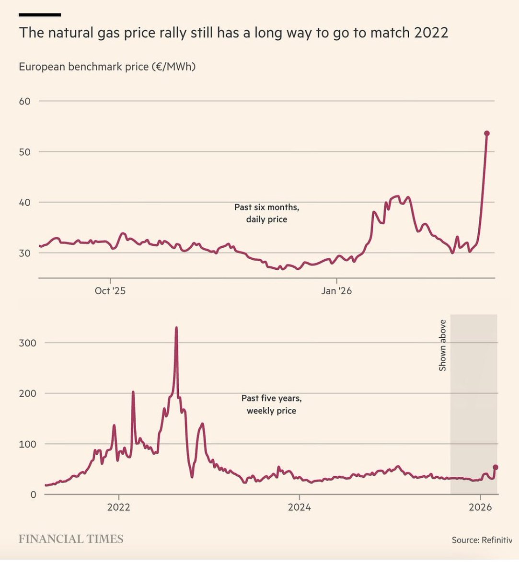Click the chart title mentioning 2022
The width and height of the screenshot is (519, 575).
click(233, 33)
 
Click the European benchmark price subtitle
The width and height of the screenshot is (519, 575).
click(107, 67)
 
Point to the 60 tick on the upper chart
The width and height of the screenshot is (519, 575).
click(25, 101)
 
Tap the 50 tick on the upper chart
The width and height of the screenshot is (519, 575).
click(25, 152)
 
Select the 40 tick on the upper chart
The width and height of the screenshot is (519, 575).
click(25, 202)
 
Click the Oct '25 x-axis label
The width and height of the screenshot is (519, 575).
click(110, 291)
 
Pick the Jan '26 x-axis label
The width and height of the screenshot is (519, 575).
click(336, 291)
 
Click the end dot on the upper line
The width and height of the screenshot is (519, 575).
click(486, 134)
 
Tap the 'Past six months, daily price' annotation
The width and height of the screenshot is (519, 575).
click(266, 213)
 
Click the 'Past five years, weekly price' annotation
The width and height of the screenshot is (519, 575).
click(271, 404)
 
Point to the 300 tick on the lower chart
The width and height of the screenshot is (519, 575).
click(27, 343)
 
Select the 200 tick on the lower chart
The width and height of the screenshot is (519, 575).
click(27, 393)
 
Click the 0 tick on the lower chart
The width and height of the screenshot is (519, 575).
click(33, 494)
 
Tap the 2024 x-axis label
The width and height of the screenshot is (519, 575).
click(299, 507)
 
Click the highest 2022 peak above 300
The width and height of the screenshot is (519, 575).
click(176, 328)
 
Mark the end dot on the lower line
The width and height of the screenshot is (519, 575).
click(496, 467)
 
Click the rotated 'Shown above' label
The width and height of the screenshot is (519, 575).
click(443, 345)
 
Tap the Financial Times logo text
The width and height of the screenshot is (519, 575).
click(71, 539)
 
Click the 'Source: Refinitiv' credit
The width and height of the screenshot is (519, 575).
click(482, 540)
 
